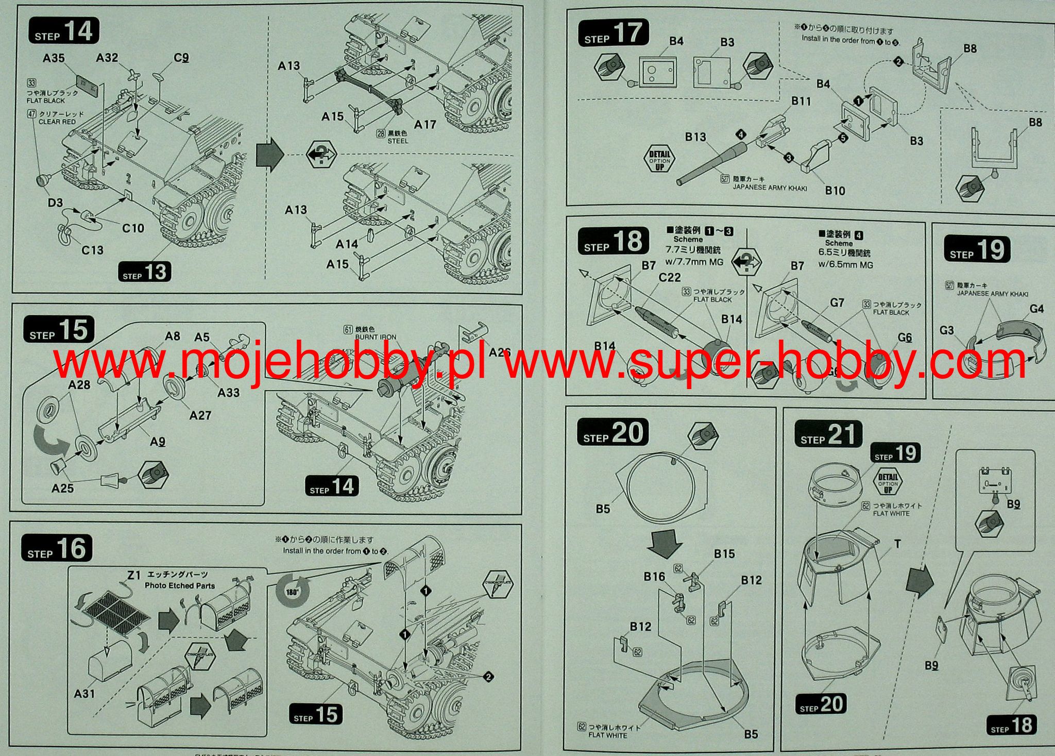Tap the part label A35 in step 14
pos(54,58)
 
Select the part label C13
pos(92,250)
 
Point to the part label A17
pos(425,124)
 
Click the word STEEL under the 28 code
pos(397,141)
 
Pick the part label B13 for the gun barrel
pos(695,137)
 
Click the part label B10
pos(835,191)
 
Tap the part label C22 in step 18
pos(669,277)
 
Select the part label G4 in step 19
pos(1036,309)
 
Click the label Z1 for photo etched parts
pos(134,575)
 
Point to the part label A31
pos(84,694)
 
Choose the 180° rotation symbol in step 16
pos(292,591)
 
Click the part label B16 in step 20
pos(654,576)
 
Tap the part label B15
pos(724,553)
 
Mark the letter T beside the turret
pos(897,544)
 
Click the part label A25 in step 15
pos(62,488)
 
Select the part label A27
pos(200,415)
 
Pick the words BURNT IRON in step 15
pos(376,337)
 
